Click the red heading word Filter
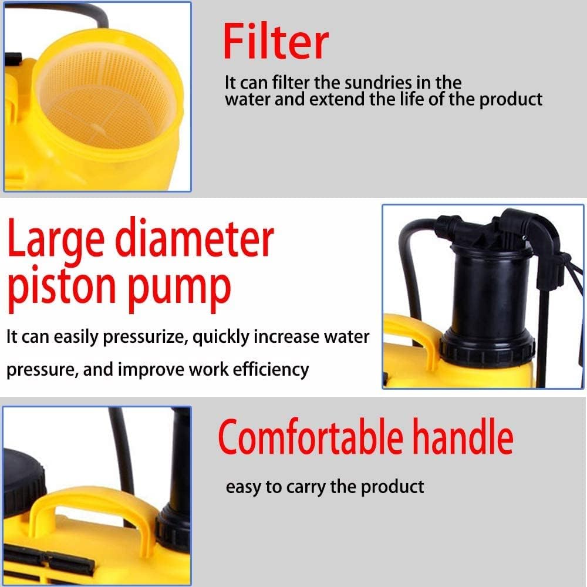275,41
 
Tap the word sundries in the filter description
377,83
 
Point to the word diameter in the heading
195,237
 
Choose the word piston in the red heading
62,287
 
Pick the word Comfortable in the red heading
311,437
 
